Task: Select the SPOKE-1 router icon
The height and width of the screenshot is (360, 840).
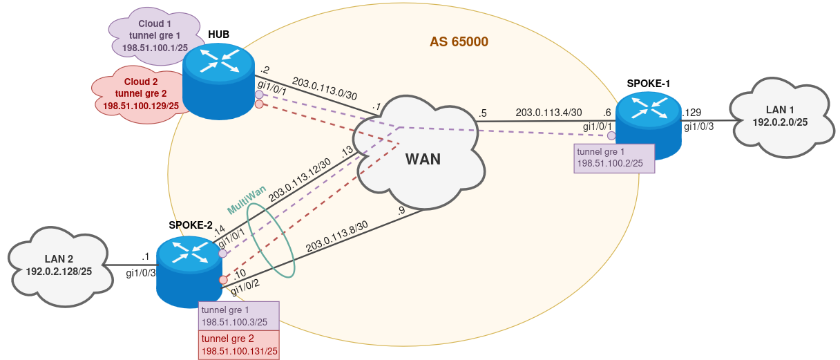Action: click(x=649, y=122)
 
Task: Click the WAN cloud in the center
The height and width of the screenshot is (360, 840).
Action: click(x=423, y=158)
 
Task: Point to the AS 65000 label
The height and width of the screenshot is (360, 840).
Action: click(x=459, y=42)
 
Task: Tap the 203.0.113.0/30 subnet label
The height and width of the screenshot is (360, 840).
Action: click(x=325, y=88)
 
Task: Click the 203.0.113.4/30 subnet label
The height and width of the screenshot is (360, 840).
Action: click(x=548, y=112)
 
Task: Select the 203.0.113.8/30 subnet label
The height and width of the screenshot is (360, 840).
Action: click(x=337, y=235)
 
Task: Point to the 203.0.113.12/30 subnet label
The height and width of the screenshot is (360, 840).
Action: click(x=299, y=179)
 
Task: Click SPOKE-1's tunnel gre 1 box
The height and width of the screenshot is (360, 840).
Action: click(x=614, y=158)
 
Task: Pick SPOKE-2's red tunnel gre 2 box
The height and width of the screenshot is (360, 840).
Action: click(x=239, y=345)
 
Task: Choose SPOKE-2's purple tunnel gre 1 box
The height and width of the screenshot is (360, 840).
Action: click(x=239, y=316)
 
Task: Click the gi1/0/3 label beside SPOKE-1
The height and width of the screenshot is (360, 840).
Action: click(x=698, y=126)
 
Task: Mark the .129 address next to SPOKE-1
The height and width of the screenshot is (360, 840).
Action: click(x=691, y=113)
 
